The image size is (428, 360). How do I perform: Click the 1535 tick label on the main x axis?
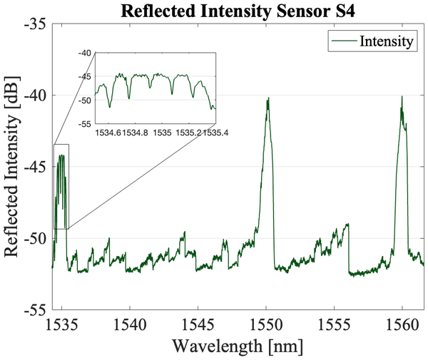(61, 324)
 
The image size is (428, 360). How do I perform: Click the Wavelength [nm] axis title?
(238, 346)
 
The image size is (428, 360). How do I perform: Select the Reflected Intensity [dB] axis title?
(13, 167)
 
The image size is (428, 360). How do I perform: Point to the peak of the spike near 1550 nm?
(268, 98)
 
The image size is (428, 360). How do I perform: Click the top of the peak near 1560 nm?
(402, 96)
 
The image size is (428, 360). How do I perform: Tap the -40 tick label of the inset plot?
(84, 53)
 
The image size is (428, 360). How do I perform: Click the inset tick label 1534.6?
(108, 133)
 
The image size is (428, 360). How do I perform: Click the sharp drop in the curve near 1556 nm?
(349, 250)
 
